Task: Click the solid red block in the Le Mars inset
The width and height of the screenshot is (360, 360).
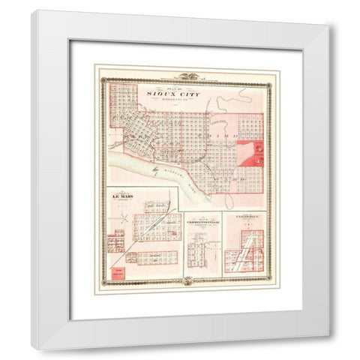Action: [x=118, y=271]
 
